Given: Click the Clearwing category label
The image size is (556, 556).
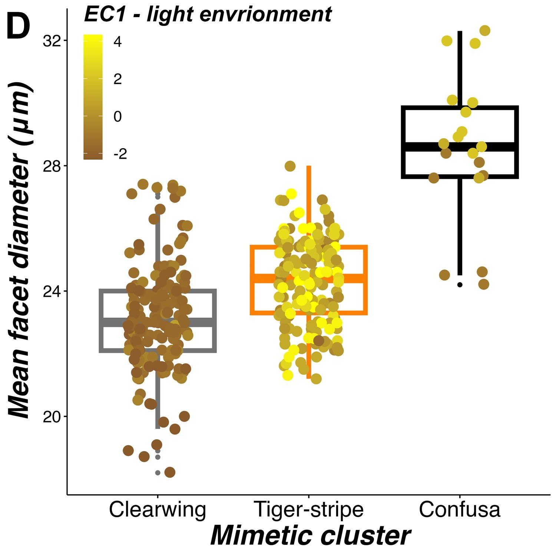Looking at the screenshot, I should click(158, 510).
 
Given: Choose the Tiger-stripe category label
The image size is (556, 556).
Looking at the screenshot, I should click(308, 510).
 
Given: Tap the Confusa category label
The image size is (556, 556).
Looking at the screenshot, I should click(460, 510).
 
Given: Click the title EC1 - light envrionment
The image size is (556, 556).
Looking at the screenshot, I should click(208, 15).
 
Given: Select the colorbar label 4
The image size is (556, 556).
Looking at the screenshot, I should click(118, 42).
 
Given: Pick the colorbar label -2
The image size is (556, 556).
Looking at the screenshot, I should click(120, 154).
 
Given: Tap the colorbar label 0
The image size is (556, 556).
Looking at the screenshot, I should click(118, 117).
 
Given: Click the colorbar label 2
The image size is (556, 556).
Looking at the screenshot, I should click(118, 79).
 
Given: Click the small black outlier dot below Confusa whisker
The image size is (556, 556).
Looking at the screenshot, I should click(460, 285).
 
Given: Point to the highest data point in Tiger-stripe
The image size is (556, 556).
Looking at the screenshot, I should click(290, 166).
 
